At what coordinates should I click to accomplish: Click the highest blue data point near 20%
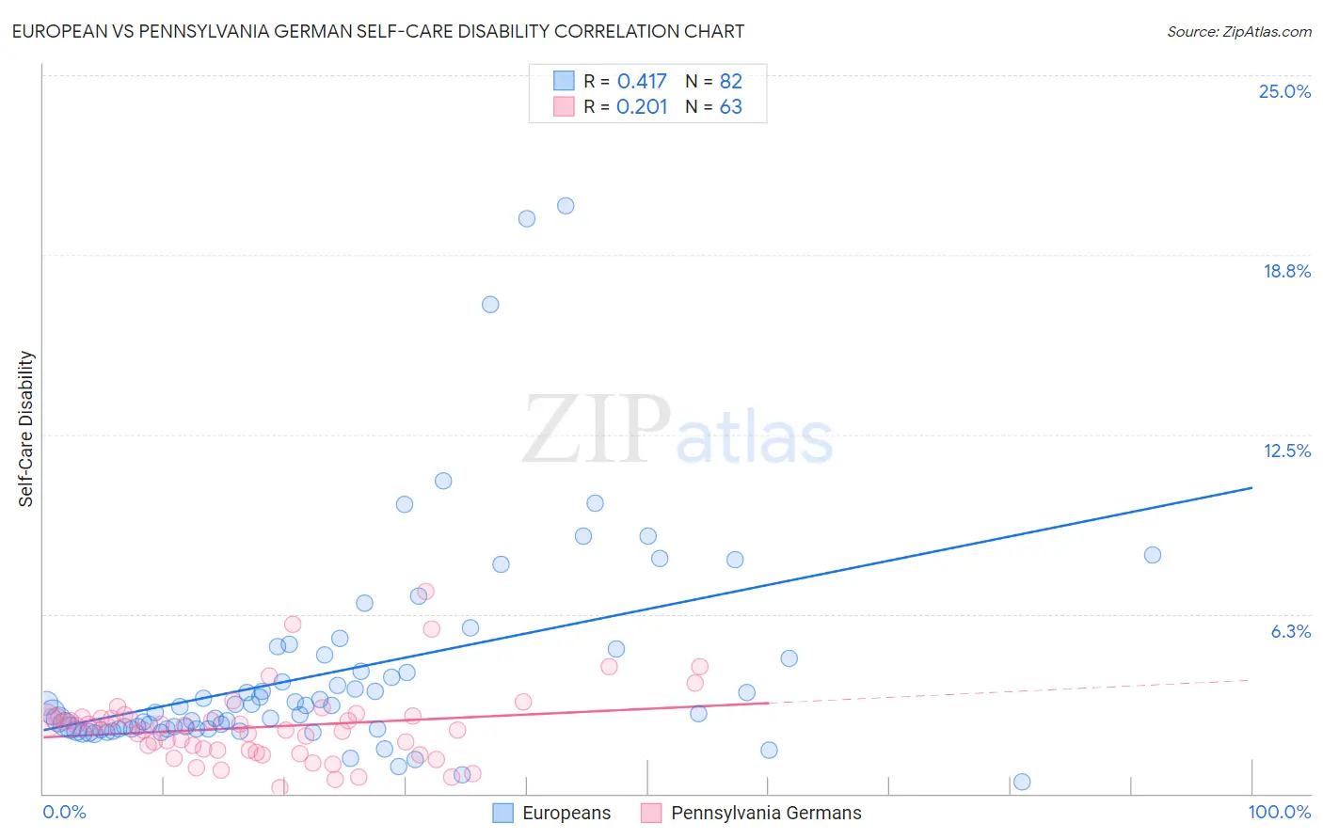[x=566, y=206]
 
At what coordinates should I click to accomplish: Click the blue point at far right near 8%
[x=1153, y=555]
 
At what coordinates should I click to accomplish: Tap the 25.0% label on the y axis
[x=1284, y=92]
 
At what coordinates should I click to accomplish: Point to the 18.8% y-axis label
[x=1286, y=272]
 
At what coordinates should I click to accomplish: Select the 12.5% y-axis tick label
[x=1286, y=451]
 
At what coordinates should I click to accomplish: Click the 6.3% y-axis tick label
[x=1290, y=632]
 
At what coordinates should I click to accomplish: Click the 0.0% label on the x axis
[x=64, y=813]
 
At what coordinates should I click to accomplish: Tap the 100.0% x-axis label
[x=1279, y=813]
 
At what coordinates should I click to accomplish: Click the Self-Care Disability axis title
[x=26, y=429]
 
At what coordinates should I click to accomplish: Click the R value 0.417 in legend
[x=642, y=82]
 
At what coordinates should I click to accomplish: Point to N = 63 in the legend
[x=713, y=107]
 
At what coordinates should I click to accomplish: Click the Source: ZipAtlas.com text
[x=1238, y=32]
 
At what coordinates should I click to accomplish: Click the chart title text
[x=378, y=32]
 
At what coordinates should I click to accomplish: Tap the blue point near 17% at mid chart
[x=490, y=305]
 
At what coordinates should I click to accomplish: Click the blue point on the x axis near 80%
[x=1022, y=783]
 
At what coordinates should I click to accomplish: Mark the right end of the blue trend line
[x=1252, y=487]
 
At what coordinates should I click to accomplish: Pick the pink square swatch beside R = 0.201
[x=564, y=106]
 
